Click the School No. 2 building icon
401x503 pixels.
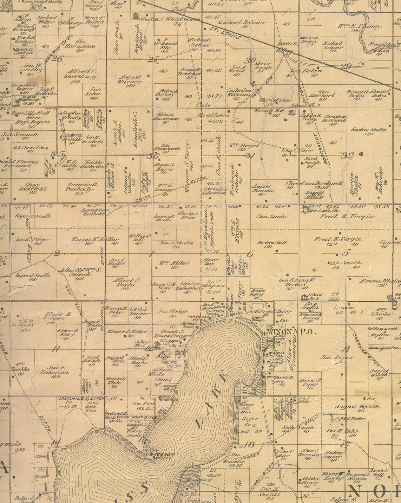[304, 297]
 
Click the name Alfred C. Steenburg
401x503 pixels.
[76, 74]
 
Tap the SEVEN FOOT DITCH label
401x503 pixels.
[140, 417]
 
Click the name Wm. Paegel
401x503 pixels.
[244, 146]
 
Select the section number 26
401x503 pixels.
[57, 58]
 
